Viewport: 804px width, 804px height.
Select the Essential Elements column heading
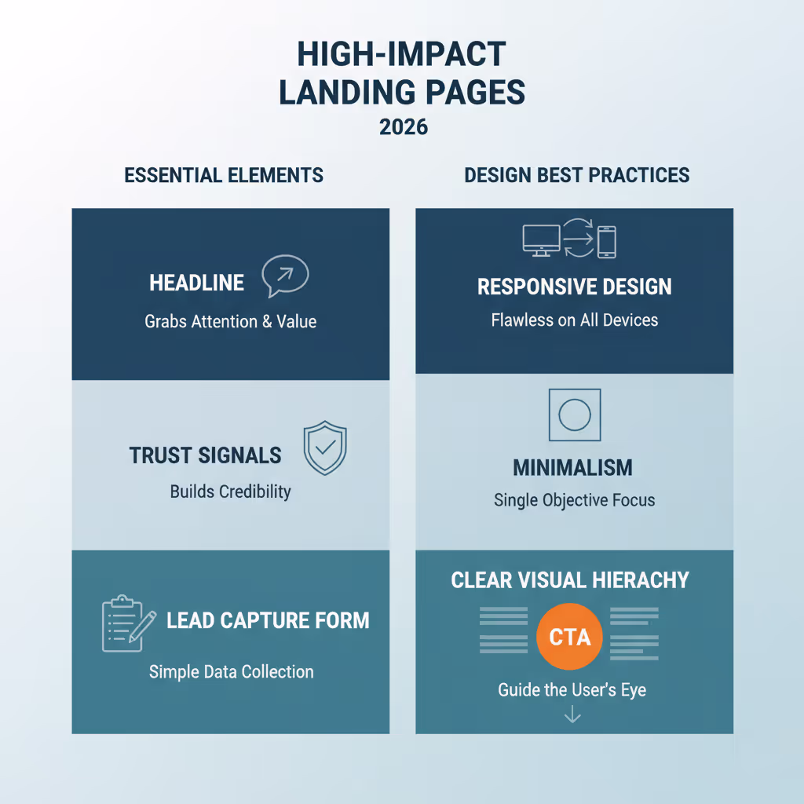click(224, 175)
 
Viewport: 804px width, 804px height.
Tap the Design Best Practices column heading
click(576, 175)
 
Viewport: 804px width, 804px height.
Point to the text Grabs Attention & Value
click(230, 321)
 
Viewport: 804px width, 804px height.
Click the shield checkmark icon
click(324, 448)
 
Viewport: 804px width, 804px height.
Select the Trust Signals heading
click(205, 455)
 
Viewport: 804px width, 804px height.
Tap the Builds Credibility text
click(230, 492)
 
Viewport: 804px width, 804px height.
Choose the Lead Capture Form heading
click(268, 620)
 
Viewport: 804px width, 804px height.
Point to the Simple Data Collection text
click(231, 671)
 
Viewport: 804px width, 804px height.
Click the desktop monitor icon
click(542, 240)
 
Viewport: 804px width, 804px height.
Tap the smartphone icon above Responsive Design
click(607, 242)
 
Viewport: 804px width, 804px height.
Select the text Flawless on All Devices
click(575, 320)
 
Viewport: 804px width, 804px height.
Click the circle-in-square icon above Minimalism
click(574, 415)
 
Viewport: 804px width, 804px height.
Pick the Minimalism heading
click(572, 468)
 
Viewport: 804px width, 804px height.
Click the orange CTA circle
click(568, 637)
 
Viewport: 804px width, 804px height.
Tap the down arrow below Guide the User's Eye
click(572, 714)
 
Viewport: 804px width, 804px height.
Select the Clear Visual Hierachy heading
click(570, 580)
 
